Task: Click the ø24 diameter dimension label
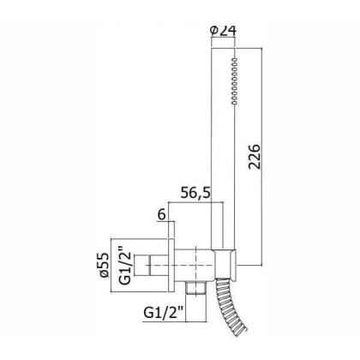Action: [223, 30]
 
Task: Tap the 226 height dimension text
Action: [254, 157]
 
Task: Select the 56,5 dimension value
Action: [195, 193]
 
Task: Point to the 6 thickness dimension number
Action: [162, 214]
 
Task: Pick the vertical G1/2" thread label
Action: [125, 265]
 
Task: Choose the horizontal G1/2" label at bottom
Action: [163, 312]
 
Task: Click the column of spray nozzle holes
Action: [235, 81]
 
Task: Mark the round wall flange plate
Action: [171, 266]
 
